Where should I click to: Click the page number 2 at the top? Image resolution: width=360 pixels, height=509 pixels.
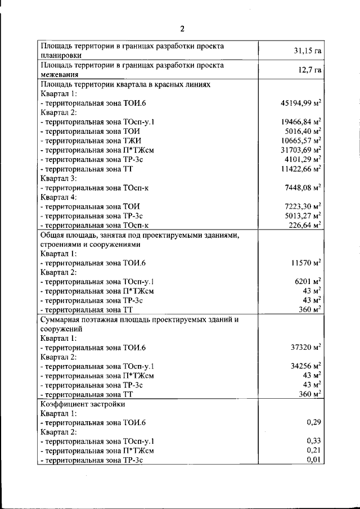click(182, 29)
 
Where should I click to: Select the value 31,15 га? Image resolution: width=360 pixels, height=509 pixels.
click(307, 51)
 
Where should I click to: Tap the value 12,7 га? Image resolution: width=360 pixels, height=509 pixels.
click(309, 70)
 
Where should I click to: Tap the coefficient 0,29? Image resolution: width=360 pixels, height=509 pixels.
click(313, 422)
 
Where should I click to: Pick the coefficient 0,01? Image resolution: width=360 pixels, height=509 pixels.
click(313, 460)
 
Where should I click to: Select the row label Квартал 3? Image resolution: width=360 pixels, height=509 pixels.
click(58, 178)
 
